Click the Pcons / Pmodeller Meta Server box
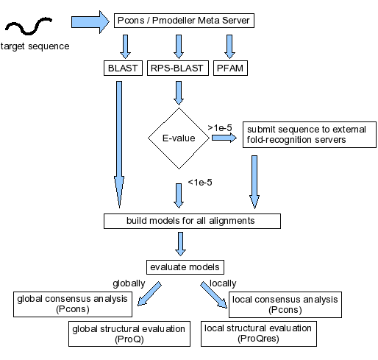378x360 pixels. click(184, 21)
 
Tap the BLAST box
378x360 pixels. click(123, 68)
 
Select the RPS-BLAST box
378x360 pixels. click(178, 68)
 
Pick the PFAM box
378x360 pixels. click(230, 68)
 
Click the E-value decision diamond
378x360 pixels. click(179, 138)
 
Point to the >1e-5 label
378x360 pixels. click(220, 128)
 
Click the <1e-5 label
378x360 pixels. click(200, 183)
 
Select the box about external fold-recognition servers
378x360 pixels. click(310, 135)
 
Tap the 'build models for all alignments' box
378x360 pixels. click(192, 221)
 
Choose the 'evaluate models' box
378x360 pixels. click(185, 267)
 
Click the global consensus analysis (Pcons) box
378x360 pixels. click(73, 304)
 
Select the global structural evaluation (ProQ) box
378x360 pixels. click(129, 333)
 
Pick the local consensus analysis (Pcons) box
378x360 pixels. click(285, 305)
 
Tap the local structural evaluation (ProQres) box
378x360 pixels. click(259, 333)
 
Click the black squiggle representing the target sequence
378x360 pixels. click(29, 26)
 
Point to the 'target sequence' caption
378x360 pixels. click(35, 46)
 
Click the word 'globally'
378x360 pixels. click(129, 283)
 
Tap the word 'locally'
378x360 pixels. click(223, 283)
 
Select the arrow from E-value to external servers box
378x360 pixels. click(224, 138)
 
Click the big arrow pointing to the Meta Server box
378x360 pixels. click(90, 22)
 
